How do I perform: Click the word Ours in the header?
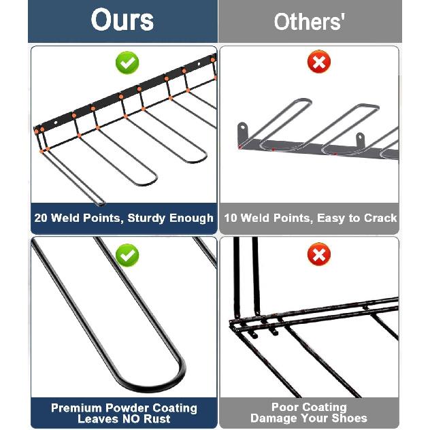tap(122, 20)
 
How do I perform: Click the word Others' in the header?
tap(310, 22)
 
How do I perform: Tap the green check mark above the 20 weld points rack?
tap(127, 63)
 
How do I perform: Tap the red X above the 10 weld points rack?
tap(318, 63)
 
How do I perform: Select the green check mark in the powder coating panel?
tap(127, 256)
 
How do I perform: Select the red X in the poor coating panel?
tap(318, 256)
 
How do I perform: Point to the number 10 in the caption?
tap(231, 218)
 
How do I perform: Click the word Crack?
tap(380, 218)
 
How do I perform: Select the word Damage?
tap(273, 418)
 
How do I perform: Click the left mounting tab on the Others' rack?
tap(242, 131)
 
